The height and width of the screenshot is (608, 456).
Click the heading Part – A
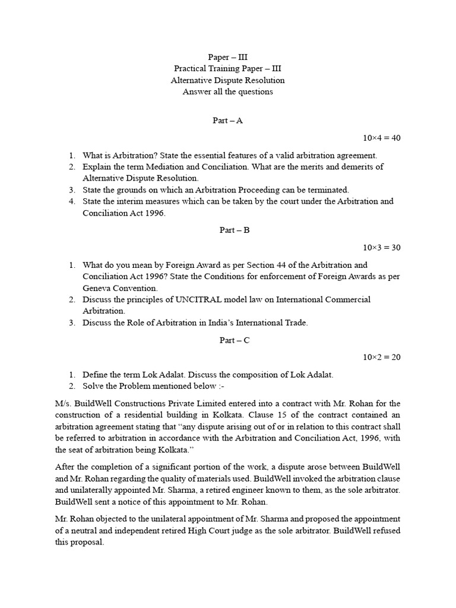pyautogui.click(x=227, y=121)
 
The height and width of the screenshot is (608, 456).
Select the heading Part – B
pyautogui.click(x=227, y=230)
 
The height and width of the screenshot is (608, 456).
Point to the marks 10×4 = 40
pyautogui.click(x=382, y=138)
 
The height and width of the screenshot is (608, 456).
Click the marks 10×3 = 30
pyautogui.click(x=382, y=248)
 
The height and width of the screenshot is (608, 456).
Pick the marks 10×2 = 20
pyautogui.click(x=382, y=357)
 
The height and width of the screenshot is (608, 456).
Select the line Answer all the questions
pyautogui.click(x=227, y=91)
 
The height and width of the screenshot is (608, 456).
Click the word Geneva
pyautogui.click(x=98, y=287)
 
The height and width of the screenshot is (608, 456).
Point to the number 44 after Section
pyautogui.click(x=261, y=265)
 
